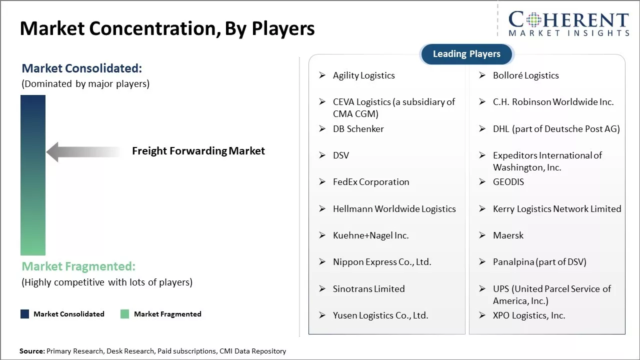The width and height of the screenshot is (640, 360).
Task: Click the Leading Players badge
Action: coord(466,54)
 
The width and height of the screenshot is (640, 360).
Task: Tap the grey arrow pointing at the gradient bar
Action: coord(83,151)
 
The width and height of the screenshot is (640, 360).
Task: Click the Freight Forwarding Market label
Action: coord(198,151)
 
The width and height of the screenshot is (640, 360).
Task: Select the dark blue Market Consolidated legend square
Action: coord(25,314)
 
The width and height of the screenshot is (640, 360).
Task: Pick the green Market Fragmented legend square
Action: coord(124,314)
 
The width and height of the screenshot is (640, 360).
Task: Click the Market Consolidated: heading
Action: coord(81,68)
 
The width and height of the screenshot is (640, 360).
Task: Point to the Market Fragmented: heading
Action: coord(78,266)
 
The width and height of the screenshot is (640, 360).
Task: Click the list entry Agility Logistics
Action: coord(363,75)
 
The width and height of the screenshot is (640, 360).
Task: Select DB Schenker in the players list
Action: coord(358,129)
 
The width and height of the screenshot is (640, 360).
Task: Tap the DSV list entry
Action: coord(341,155)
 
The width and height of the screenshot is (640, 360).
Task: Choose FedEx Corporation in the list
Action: coord(371,182)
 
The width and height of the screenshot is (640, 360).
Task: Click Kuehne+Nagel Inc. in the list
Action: coord(371,235)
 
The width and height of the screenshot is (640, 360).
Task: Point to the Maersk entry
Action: coord(508,235)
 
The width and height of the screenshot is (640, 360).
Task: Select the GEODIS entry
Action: coord(508,182)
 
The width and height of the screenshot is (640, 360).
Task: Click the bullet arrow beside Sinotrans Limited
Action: coord(322,288)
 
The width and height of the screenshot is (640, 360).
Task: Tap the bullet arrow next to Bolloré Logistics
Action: coord(482,75)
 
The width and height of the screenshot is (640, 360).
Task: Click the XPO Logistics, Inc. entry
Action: coord(529,315)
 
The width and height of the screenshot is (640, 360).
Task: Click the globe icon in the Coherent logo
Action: coord(533,19)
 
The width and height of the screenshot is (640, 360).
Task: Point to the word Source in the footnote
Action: coord(31,351)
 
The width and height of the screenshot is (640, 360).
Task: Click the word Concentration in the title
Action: coord(155,28)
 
